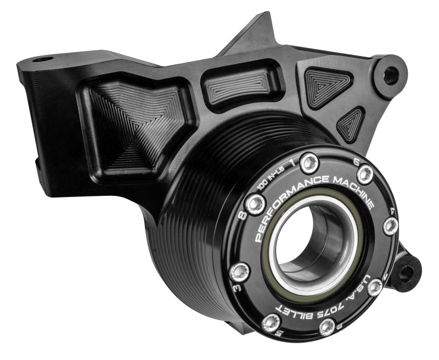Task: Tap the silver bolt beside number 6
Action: pos(365,175)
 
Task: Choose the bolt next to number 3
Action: pos(239,269)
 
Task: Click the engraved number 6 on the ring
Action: pos(356,162)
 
